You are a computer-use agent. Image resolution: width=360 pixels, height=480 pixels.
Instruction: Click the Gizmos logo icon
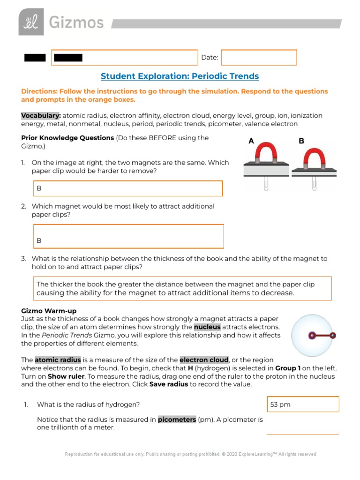[x=31, y=22]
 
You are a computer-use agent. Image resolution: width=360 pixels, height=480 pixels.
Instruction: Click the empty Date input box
[x=259, y=57]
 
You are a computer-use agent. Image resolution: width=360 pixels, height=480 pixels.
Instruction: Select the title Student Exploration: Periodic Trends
[x=180, y=76]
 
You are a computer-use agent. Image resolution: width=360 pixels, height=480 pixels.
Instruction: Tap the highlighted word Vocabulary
[x=41, y=116]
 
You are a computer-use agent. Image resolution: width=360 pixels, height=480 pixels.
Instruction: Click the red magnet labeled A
[x=264, y=155]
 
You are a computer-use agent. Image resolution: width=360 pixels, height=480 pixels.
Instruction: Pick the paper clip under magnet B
[x=314, y=183]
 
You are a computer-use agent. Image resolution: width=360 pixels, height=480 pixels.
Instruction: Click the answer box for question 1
[x=127, y=188]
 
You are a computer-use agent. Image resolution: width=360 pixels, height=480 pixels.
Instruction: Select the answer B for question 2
[x=39, y=240]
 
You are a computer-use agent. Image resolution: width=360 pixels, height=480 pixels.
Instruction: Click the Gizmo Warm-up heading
[x=49, y=311]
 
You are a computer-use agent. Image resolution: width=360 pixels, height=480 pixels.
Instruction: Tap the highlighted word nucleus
[x=207, y=327]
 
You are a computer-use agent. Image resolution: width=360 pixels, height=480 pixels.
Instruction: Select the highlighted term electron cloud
[x=204, y=360]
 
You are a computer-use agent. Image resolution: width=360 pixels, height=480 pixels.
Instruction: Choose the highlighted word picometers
[x=177, y=420]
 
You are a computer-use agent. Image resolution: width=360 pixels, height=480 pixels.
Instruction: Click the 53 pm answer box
[x=302, y=404]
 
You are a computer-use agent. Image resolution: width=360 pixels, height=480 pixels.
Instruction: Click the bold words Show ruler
[x=66, y=376]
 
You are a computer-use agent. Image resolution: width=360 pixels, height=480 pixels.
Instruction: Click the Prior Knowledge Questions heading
[x=67, y=138]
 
